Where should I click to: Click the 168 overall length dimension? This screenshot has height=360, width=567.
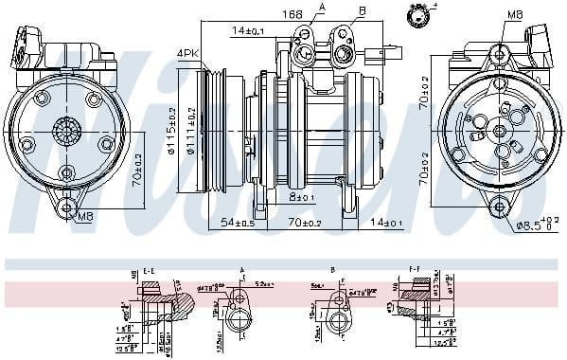pyautogui.click(x=292, y=14)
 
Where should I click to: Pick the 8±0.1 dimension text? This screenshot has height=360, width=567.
pyautogui.click(x=302, y=197)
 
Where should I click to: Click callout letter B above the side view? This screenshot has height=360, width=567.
pyautogui.click(x=362, y=11)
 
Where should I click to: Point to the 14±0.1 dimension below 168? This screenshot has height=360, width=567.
pyautogui.click(x=248, y=31)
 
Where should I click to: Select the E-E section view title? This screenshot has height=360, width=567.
pyautogui.click(x=149, y=270)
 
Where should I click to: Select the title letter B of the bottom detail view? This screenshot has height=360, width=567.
pyautogui.click(x=333, y=270)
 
